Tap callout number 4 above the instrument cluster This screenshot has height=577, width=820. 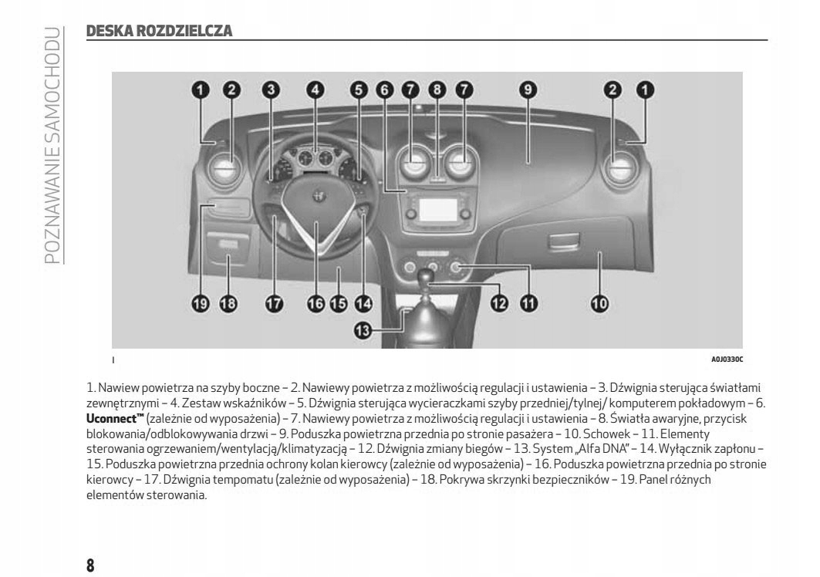pyautogui.click(x=314, y=90)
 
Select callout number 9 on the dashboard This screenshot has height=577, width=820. pyautogui.click(x=528, y=90)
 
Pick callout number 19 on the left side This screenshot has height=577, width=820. pyautogui.click(x=201, y=303)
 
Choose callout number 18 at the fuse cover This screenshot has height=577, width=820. pyautogui.click(x=228, y=303)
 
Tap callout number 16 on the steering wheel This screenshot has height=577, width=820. pyautogui.click(x=316, y=303)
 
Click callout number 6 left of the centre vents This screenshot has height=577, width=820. pyautogui.click(x=384, y=90)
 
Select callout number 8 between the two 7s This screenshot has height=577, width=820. pyautogui.click(x=437, y=90)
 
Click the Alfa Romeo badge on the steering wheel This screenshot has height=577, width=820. pyautogui.click(x=316, y=197)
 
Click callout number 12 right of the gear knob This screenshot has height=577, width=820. pyautogui.click(x=500, y=303)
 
